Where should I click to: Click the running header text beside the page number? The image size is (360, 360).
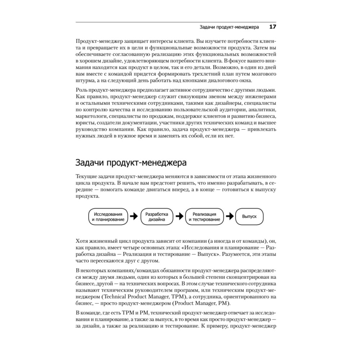point(229,27)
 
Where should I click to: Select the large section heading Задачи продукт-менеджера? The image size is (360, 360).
point(131,162)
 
